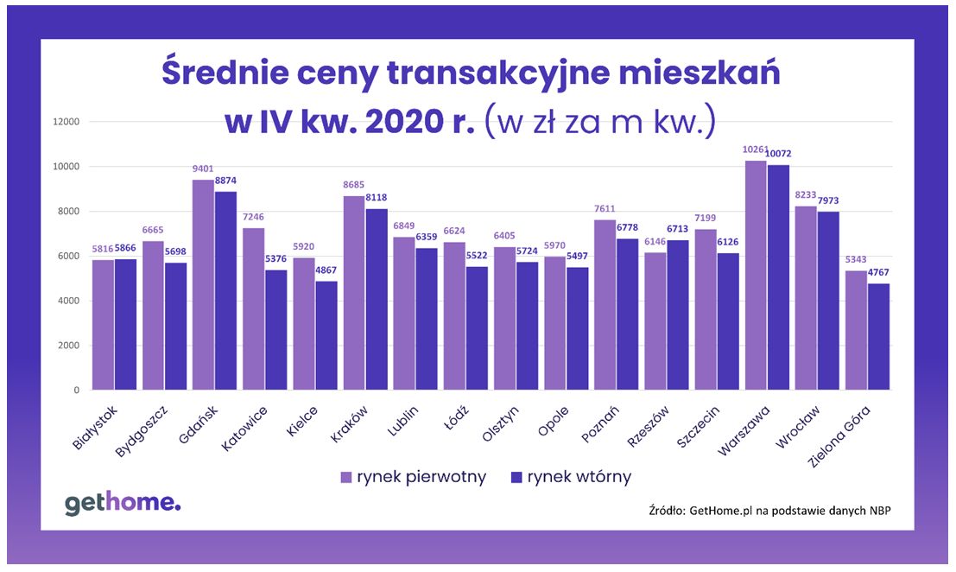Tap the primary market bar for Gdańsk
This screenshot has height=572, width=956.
point(203,284)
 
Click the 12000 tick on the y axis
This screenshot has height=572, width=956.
point(66,122)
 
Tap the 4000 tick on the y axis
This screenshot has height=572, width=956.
point(69,301)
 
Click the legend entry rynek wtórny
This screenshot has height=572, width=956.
point(571,477)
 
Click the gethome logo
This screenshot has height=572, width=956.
point(123,504)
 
